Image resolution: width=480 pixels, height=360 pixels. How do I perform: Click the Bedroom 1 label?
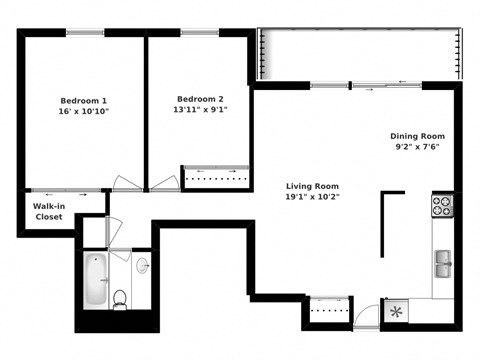(x=83, y=101)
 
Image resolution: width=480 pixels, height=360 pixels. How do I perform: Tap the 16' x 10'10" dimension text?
(x=83, y=112)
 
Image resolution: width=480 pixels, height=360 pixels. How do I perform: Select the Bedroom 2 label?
(x=200, y=99)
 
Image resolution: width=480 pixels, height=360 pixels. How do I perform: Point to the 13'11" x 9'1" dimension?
(x=200, y=110)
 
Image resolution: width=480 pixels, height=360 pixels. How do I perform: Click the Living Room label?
(x=312, y=186)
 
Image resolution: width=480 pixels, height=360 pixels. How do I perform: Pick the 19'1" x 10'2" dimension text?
(x=312, y=197)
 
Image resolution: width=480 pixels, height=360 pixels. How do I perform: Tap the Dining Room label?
(x=417, y=136)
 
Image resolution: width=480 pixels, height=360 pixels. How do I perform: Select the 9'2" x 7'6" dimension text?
(x=417, y=147)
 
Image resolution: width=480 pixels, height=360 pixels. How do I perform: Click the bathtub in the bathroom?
(x=95, y=280)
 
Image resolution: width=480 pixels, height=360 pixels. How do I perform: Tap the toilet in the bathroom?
(x=120, y=297)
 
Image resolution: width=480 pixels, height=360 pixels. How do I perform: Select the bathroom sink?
(x=142, y=267)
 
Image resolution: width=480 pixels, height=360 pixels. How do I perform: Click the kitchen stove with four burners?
(x=442, y=206)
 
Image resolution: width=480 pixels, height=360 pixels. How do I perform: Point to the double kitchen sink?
(x=442, y=265)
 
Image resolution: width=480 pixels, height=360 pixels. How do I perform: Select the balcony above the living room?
(x=360, y=55)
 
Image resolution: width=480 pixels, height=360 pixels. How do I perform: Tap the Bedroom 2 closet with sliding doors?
(x=216, y=177)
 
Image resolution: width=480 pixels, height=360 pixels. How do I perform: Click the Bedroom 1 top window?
(x=84, y=33)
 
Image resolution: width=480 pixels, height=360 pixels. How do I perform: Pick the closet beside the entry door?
(x=327, y=311)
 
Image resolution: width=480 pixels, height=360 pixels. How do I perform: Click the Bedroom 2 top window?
(x=200, y=33)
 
